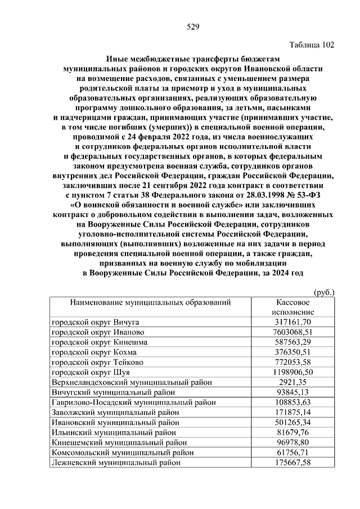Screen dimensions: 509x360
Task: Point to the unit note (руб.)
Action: pos(323,292)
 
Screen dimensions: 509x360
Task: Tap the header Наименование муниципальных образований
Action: pos(150,303)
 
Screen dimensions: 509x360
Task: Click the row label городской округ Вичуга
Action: pos(95,322)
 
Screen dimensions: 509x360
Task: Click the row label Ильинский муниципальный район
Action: pos(115,433)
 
